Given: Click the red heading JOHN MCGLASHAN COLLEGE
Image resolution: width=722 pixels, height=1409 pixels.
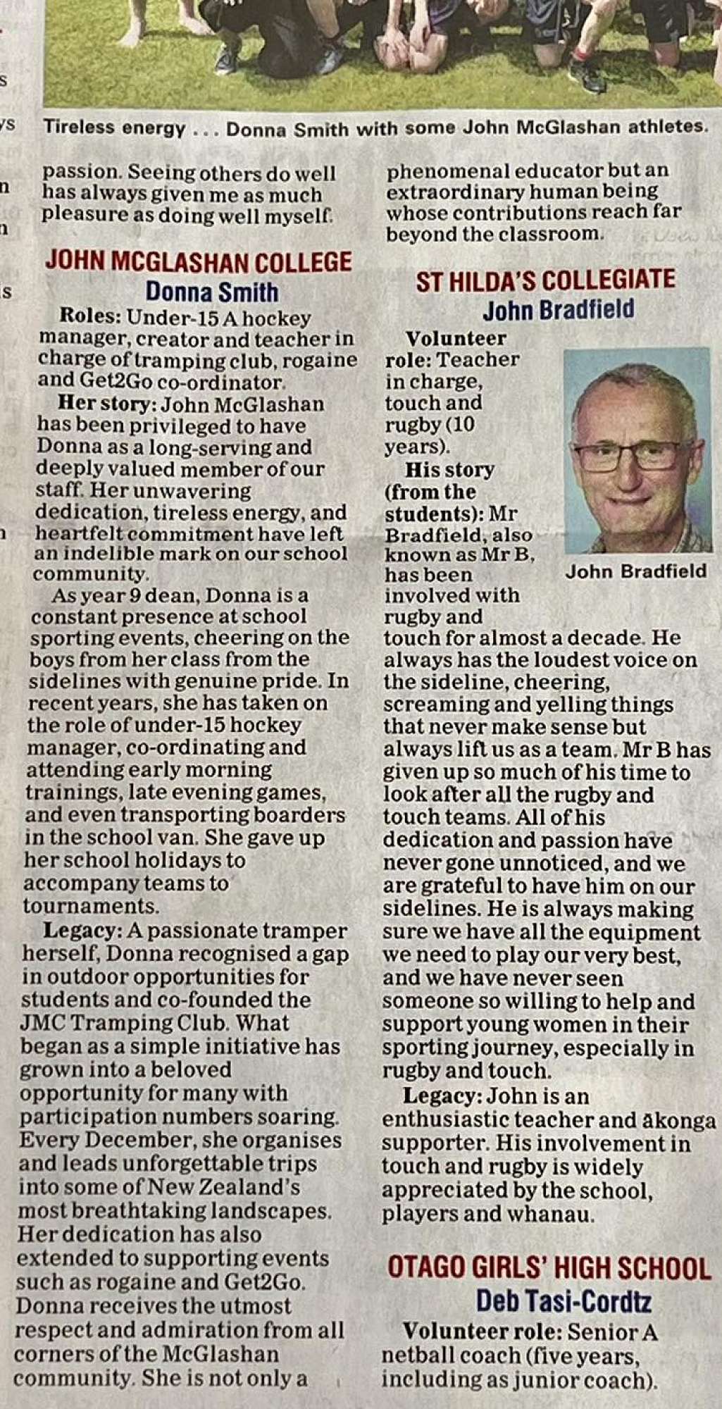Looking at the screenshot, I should tap(198, 262).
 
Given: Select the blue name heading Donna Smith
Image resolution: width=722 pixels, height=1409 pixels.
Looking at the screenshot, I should tap(212, 292).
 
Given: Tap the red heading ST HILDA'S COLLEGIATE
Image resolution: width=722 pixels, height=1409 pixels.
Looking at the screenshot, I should tap(545, 280).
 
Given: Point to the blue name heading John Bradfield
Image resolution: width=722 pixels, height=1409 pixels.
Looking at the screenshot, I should tap(558, 309).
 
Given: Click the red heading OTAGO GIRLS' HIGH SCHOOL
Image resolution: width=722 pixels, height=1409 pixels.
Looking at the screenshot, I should tap(549, 1268).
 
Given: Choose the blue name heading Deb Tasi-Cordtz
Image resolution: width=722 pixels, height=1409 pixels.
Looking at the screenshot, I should tap(564, 1301).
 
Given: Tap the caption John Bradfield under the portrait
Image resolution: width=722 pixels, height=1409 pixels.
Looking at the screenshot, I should tap(635, 571).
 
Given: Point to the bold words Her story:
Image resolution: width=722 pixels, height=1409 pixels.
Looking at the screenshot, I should tap(108, 404).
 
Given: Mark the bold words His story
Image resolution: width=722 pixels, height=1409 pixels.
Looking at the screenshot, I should tap(449, 470).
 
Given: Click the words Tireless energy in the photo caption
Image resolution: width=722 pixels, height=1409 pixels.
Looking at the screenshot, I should tap(114, 128).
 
